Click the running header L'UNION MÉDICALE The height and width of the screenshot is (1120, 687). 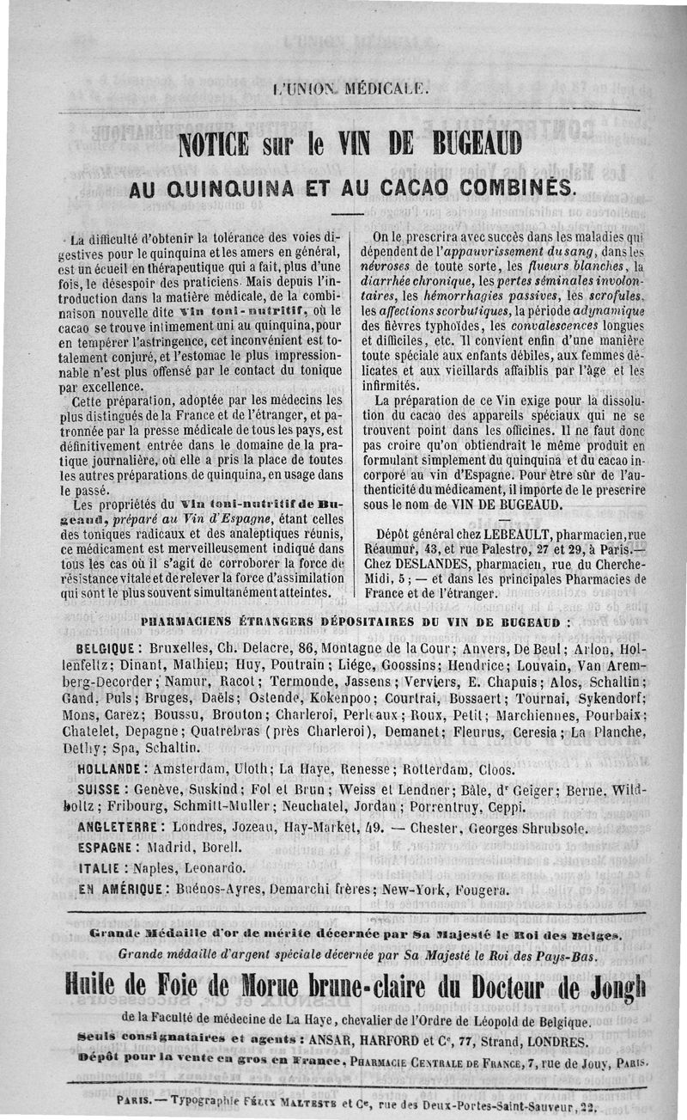pyautogui.click(x=345, y=88)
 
